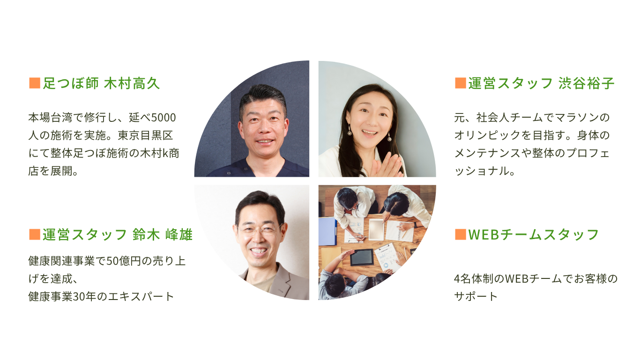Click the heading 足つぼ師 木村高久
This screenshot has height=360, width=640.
(x=101, y=83)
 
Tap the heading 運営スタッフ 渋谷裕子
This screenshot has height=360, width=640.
(x=541, y=83)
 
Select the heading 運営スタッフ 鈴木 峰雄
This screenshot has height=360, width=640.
(x=118, y=234)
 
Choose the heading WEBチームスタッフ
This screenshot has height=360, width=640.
(x=533, y=234)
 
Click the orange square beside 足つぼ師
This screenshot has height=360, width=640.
(x=35, y=83)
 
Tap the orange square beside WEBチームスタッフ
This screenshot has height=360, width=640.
(x=460, y=234)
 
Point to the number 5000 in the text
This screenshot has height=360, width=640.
(x=164, y=118)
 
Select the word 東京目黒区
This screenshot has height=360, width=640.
(x=145, y=135)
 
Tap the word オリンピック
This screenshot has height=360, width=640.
(x=487, y=135)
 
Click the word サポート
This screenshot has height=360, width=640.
(x=476, y=296)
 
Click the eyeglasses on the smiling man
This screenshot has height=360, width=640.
(x=260, y=229)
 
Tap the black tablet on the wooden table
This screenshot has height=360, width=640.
(x=362, y=257)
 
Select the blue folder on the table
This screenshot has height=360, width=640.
(x=327, y=231)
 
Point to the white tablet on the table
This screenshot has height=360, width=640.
(x=376, y=229)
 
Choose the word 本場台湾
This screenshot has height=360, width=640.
(x=51, y=118)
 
